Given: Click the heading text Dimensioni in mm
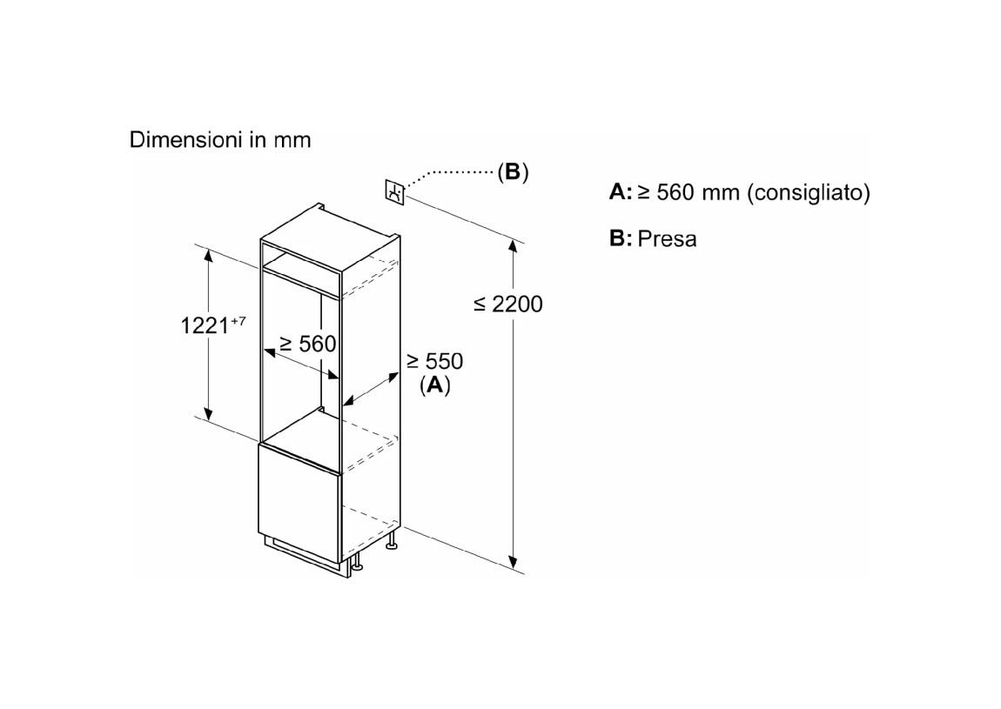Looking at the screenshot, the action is click(220, 140).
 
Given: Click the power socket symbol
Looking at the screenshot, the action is click(394, 192).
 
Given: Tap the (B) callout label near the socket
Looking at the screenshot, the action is click(513, 171).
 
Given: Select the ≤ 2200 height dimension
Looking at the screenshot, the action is click(508, 304).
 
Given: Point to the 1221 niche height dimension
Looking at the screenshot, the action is click(205, 326).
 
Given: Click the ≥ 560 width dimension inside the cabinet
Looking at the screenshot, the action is click(308, 344).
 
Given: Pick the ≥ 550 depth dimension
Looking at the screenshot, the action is click(434, 361).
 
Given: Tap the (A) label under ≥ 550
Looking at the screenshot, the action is click(434, 385).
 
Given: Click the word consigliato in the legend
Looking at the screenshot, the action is click(809, 192).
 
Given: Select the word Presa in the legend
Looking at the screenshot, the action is click(667, 238).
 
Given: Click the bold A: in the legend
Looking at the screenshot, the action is click(621, 192).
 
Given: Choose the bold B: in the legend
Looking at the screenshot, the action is click(621, 238).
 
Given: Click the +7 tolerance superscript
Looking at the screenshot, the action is click(238, 320).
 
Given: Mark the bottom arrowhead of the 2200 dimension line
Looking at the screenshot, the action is click(513, 561).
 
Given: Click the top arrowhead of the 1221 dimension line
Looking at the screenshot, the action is click(207, 255).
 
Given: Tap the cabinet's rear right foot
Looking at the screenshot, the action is click(392, 542).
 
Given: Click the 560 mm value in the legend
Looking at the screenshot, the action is click(689, 192).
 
